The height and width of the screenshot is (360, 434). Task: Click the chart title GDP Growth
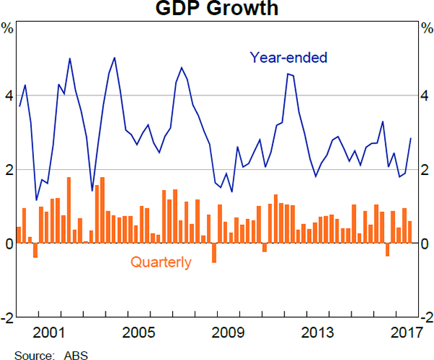[218, 9]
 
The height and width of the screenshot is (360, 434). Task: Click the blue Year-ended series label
[289, 57]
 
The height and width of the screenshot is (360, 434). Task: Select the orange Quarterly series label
[161, 262]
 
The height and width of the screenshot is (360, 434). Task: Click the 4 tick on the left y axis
[8, 95]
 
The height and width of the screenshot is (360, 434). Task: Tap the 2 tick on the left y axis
[8, 170]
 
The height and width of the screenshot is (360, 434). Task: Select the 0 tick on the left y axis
[8, 244]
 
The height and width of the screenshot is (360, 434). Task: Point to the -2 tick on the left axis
[7, 318]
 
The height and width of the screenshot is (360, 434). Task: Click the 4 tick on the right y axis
[427, 95]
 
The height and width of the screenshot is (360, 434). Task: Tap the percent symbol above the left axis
[7, 29]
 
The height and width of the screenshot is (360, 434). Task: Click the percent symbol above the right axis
[427, 29]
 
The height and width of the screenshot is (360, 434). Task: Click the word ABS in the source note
[75, 354]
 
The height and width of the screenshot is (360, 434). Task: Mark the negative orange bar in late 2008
[214, 252]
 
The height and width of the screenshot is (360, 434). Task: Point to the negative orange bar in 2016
[388, 249]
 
